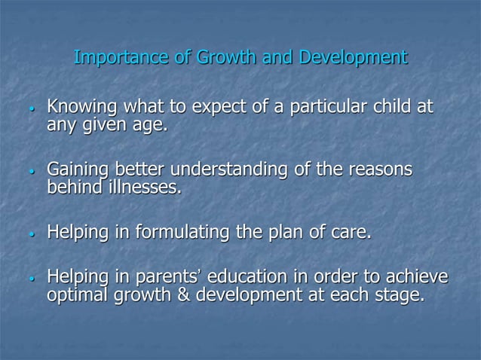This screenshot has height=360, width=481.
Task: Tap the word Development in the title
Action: (x=354, y=57)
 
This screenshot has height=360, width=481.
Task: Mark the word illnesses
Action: (x=145, y=185)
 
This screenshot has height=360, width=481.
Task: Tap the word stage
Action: (x=403, y=296)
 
